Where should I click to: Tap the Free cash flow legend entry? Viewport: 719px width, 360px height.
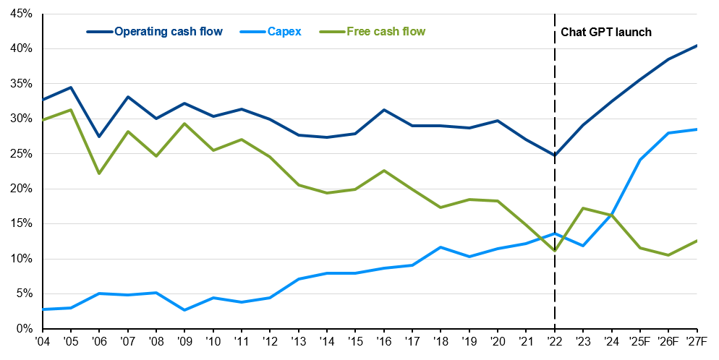coord(386,32)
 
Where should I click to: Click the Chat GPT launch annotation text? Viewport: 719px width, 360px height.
coord(606,32)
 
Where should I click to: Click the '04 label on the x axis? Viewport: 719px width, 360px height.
coord(43,340)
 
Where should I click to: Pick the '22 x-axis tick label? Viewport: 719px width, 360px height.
coord(555,340)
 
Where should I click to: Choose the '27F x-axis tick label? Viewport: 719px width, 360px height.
coord(697,340)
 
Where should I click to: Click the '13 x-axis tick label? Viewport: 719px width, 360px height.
coord(299,340)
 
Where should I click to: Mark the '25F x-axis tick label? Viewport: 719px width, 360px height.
coord(640,340)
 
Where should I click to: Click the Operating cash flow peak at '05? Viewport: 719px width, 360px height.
coord(71,87)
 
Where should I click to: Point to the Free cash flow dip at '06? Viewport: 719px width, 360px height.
coord(99,173)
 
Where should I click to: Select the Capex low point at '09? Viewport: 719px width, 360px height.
coord(184,310)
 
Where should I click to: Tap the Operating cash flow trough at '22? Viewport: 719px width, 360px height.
coord(555,155)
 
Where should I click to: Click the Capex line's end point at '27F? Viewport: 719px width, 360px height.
coord(697,129)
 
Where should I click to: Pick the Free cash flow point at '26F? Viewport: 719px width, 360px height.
coord(669,255)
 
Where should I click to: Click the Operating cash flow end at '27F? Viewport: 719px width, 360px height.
coord(697,46)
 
